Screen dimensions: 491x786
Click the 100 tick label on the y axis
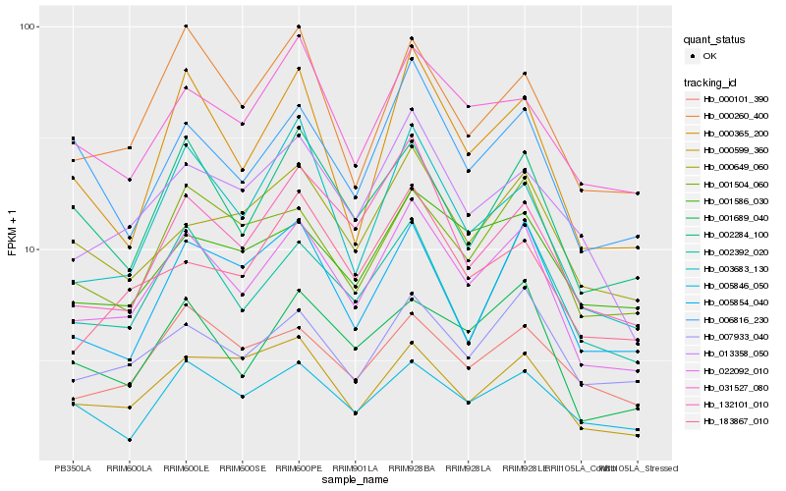click(26, 27)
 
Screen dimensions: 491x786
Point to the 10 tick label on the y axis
click(28, 249)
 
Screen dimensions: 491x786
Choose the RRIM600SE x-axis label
click(242, 468)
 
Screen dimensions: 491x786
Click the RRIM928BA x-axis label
click(412, 468)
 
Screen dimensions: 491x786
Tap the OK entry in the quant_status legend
click(710, 57)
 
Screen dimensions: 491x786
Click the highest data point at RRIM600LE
click(186, 27)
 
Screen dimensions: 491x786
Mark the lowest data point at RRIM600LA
click(129, 440)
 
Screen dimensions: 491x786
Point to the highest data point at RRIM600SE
click(242, 106)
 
